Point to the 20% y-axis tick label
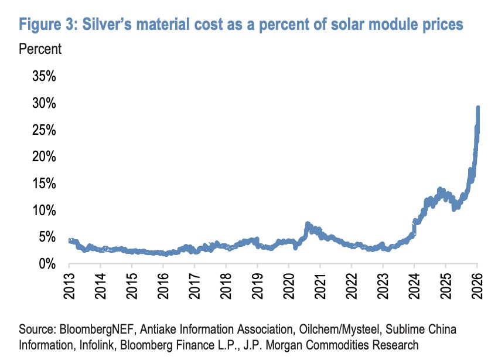[x=41, y=157]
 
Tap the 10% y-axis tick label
[x=41, y=210]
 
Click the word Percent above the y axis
[x=40, y=49]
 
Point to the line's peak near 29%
[x=478, y=108]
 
